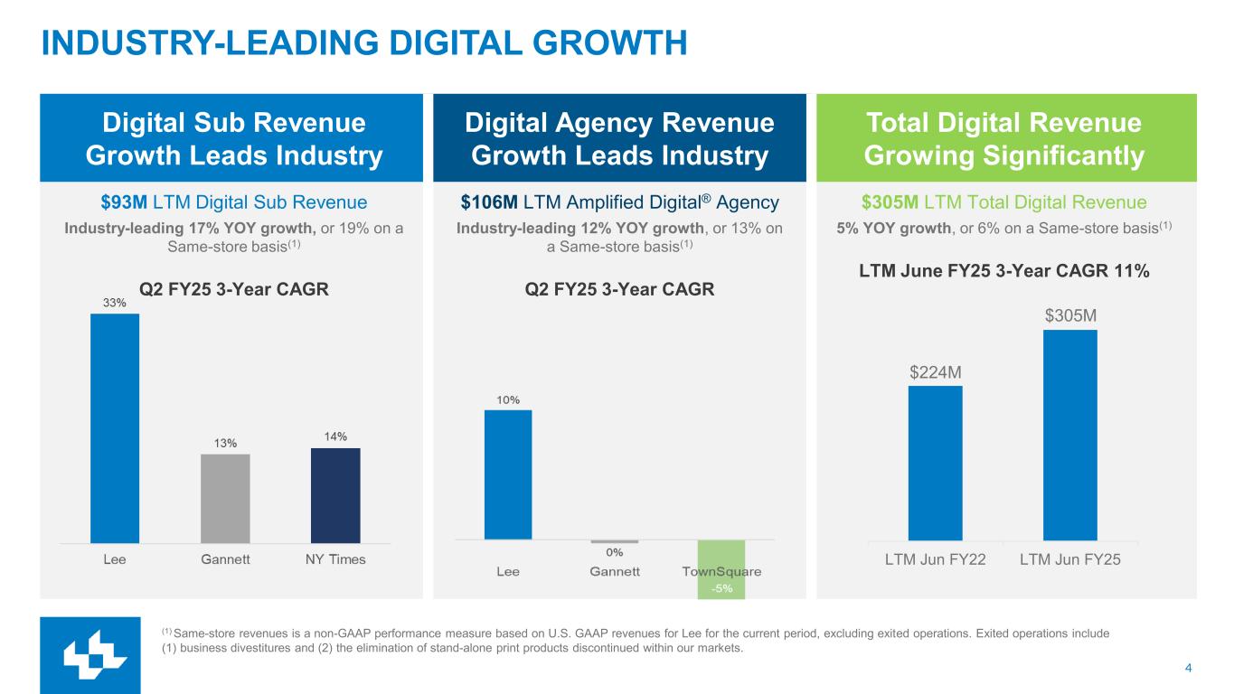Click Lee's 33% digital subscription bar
(x=115, y=427)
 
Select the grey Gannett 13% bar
(x=225, y=498)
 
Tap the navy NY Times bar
(x=335, y=495)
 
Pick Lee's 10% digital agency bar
(x=508, y=474)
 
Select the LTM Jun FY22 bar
(x=935, y=463)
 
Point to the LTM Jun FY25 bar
(x=1069, y=435)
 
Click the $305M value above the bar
(x=1070, y=315)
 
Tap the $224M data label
(x=935, y=371)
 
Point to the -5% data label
(x=721, y=589)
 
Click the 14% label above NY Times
(x=335, y=436)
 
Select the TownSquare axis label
(x=721, y=572)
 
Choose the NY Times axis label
(x=334, y=559)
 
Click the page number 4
(x=1187, y=669)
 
